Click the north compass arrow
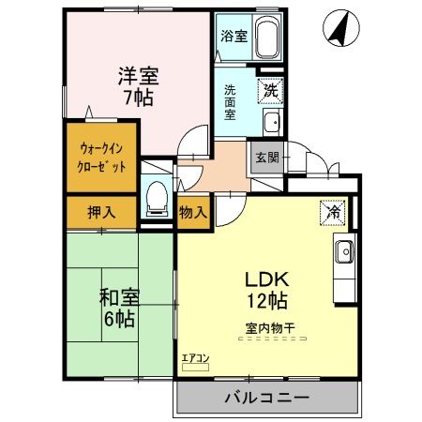click(x=342, y=29)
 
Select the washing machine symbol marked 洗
click(x=268, y=91)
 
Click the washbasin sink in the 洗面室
click(x=270, y=121)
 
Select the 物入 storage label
click(x=193, y=212)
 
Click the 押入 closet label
click(x=100, y=212)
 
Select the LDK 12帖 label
click(x=265, y=291)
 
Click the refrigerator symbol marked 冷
click(x=332, y=212)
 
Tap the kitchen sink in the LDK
click(x=343, y=250)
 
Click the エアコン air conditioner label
click(x=195, y=357)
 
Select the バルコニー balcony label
click(x=265, y=398)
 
